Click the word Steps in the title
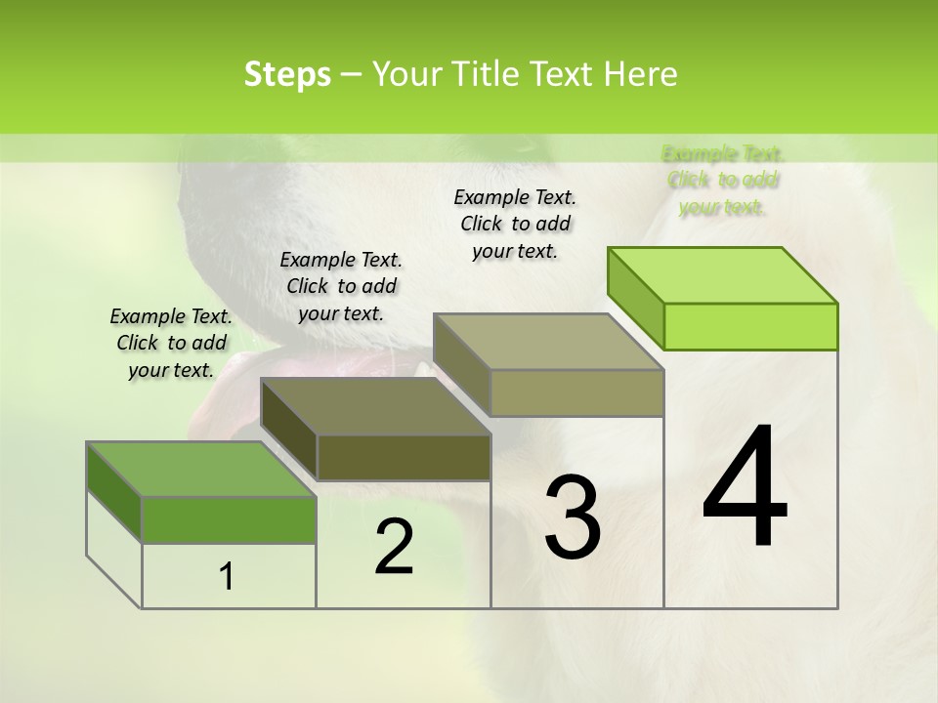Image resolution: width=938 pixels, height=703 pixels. click(x=286, y=74)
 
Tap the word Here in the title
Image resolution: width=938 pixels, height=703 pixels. click(x=642, y=74)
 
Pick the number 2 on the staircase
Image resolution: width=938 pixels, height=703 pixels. click(x=394, y=547)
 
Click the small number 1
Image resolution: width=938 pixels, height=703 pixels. click(x=227, y=577)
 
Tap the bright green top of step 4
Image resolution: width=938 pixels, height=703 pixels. click(x=723, y=275)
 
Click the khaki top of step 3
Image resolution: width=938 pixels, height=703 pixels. click(x=548, y=342)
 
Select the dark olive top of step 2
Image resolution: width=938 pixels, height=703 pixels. click(x=375, y=406)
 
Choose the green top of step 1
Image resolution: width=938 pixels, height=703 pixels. click(x=201, y=470)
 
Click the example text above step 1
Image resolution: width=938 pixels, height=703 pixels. click(x=171, y=343)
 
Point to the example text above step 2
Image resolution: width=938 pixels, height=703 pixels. click(x=341, y=286)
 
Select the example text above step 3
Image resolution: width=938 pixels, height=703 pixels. click(x=515, y=224)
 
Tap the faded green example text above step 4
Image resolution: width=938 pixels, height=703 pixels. click(x=722, y=180)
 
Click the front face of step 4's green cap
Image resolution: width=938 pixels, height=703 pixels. click(x=750, y=326)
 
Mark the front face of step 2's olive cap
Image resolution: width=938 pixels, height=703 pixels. click(x=404, y=458)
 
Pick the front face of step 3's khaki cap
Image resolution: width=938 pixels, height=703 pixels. click(x=576, y=393)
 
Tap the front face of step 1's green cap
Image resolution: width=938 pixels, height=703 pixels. click(x=229, y=519)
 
